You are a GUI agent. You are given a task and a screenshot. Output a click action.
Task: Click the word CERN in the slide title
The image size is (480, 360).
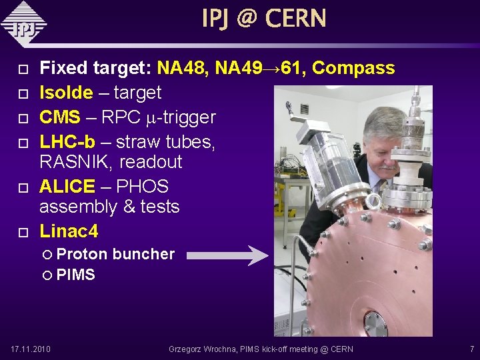(x=295, y=18)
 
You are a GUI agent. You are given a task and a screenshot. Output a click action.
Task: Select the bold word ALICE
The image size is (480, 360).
(x=67, y=187)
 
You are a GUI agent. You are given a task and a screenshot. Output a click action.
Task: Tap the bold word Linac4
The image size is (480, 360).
(x=69, y=231)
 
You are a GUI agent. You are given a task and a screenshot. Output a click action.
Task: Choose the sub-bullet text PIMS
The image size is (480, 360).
(x=75, y=275)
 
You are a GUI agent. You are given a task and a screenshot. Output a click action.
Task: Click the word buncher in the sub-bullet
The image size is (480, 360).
(x=143, y=254)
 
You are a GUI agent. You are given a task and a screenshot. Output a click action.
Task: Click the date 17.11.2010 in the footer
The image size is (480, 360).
(x=31, y=349)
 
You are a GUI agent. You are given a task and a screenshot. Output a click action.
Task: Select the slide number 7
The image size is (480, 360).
(x=471, y=349)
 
